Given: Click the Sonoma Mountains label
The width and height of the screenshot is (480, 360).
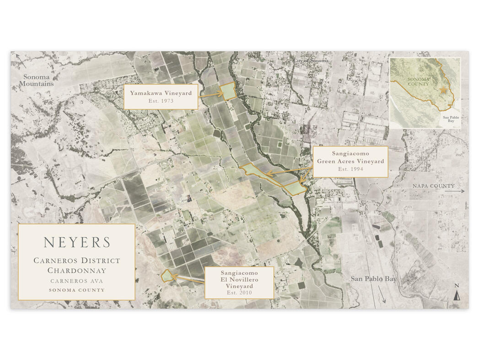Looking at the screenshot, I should pos(36,81).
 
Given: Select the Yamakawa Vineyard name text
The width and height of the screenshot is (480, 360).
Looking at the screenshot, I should pos(160,93).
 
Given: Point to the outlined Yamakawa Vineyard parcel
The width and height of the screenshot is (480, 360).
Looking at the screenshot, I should pos(227,92).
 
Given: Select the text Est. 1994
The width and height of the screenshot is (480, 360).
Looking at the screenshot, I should pos(350,169).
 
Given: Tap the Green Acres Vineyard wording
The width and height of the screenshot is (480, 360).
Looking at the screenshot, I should pos(350,161).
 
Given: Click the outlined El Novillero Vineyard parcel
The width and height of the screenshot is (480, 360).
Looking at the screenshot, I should pos(167,276).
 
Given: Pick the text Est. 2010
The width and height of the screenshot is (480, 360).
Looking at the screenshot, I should pos(239,292).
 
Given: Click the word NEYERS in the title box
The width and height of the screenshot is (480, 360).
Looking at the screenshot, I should pos(77,242).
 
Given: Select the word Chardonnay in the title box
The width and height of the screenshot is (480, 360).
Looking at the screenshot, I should pos(77,270).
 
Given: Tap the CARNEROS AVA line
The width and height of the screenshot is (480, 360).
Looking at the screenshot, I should pos(77,281).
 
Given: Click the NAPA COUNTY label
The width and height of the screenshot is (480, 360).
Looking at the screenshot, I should pos(433,186).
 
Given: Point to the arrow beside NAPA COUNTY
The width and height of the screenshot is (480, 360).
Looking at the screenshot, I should pos(459,191).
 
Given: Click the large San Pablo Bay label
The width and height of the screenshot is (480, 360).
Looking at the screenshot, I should pos(373,279).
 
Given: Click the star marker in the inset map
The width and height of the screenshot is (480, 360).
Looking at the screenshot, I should pos(443,90).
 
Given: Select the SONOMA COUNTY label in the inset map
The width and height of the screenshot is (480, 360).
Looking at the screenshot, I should pos(418,82).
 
